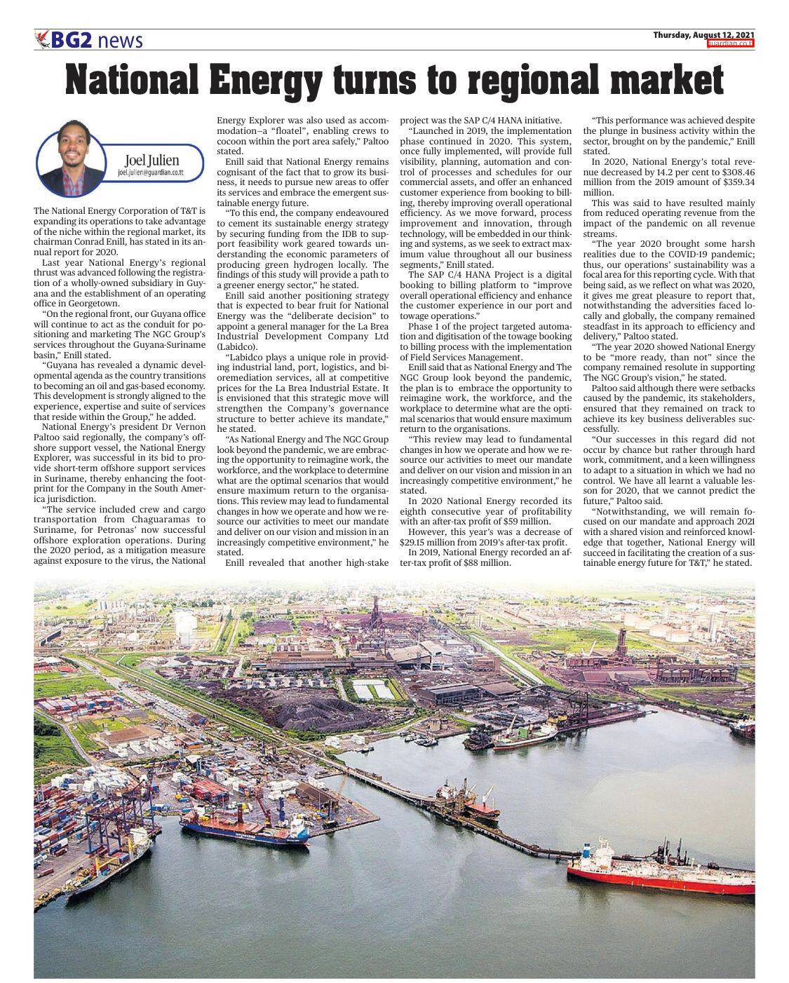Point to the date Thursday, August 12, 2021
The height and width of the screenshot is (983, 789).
pos(703,35)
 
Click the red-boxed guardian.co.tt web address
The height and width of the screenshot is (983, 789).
pos(731,43)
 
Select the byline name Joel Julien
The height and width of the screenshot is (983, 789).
pos(151,161)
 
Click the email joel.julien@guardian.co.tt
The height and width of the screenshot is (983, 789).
pos(151,172)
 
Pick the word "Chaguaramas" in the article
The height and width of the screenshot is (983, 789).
pos(149,520)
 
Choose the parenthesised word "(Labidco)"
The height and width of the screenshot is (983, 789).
pos(237,346)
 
